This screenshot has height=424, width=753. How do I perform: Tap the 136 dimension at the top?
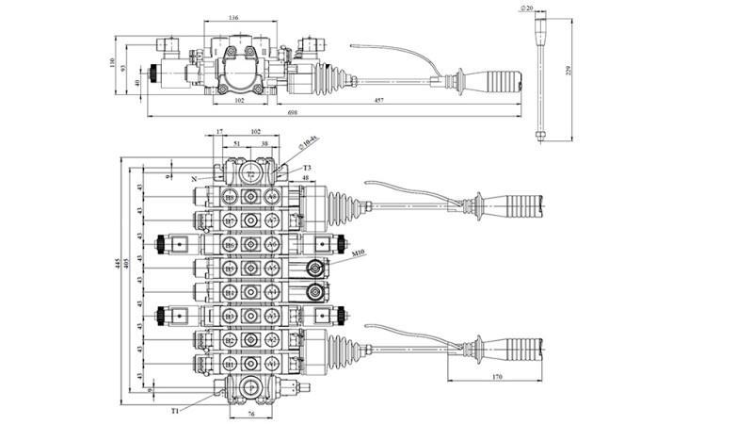tap(233, 17)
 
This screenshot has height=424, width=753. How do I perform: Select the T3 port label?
tap(307, 168)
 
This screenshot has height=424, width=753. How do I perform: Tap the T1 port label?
tap(176, 410)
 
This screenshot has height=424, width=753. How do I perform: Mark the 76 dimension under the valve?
tap(251, 412)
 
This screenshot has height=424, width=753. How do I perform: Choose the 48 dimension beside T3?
tap(306, 178)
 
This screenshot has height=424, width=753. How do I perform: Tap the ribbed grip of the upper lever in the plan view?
tap(518, 203)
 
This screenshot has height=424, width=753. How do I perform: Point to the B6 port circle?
tap(228, 244)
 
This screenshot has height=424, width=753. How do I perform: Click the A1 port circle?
tap(273, 364)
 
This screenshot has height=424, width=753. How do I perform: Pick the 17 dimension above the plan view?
tap(218, 133)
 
